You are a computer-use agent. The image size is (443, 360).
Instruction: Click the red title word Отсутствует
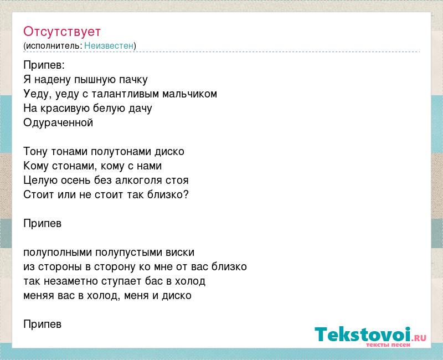pos(62,32)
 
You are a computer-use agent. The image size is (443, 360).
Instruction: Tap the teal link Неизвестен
pos(109,45)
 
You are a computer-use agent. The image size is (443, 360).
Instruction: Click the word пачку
pos(133,80)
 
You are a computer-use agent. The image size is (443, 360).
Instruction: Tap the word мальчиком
pos(189,94)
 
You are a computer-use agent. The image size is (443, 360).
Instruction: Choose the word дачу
pos(140,109)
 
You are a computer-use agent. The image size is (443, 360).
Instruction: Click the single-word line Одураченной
pos(58,123)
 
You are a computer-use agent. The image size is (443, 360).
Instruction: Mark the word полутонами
pos(121,152)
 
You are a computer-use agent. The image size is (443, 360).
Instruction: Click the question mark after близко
pos(186,194)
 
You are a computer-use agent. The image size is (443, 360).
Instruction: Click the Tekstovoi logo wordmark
pos(363,334)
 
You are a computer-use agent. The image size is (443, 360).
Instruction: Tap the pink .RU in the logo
pos(419,338)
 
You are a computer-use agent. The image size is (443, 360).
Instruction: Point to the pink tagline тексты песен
pos(388,344)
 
